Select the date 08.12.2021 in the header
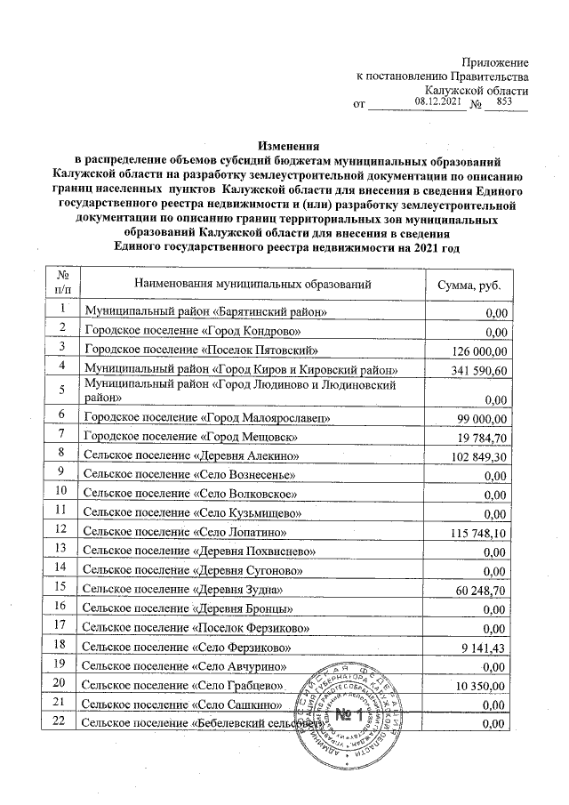pyautogui.click(x=439, y=102)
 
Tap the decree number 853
pyautogui.click(x=506, y=102)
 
